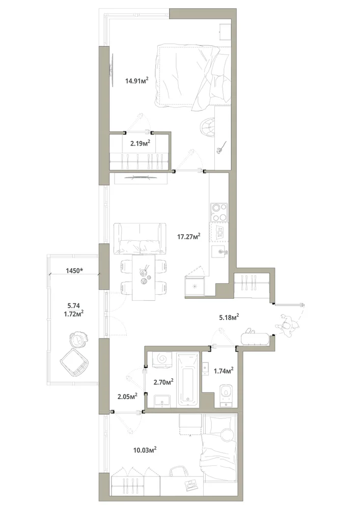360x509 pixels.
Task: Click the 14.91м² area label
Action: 136,80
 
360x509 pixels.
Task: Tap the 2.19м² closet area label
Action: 140,143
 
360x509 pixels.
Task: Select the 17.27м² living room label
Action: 188,236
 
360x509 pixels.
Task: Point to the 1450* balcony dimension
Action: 74,270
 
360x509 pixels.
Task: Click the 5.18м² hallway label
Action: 229,317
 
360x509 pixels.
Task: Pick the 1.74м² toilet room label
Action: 224,371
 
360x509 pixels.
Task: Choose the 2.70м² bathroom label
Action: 163,382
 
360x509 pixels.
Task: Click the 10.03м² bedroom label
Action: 145,450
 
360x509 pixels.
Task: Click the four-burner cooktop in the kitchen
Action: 219,212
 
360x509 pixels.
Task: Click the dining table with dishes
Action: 144,277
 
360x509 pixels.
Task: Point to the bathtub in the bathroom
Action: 187,380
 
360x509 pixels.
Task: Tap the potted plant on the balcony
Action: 78,340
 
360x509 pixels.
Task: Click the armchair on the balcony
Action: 74,362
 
